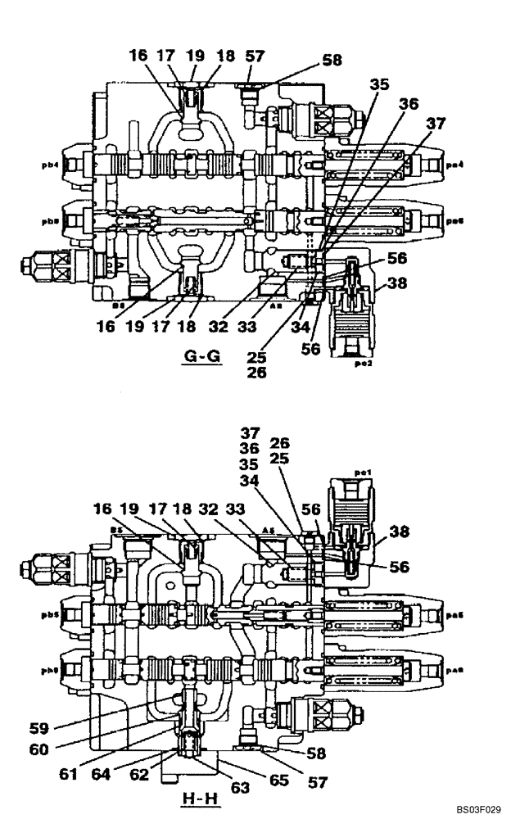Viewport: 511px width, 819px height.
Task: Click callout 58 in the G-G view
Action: point(331,60)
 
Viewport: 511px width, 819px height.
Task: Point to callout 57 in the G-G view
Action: point(255,55)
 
